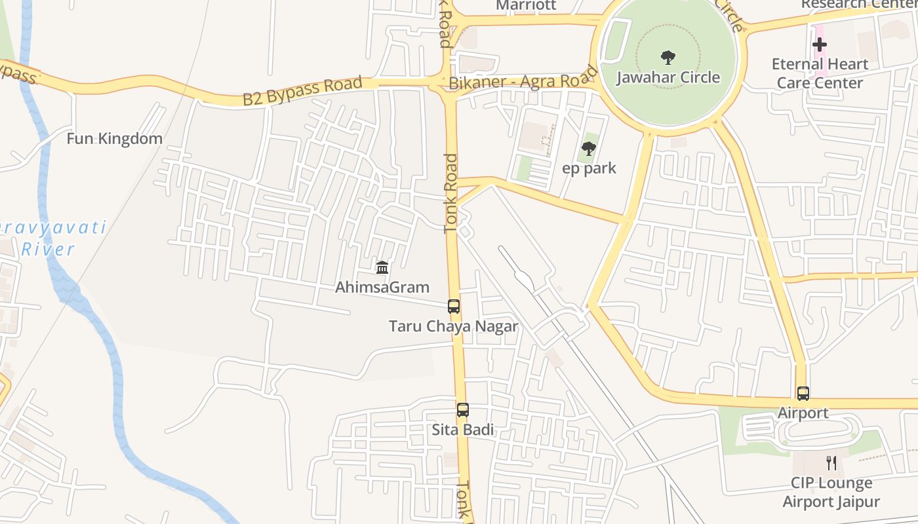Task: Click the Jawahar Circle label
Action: pos(668,77)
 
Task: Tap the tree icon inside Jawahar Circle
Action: pos(668,58)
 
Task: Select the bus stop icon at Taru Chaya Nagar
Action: pos(453,306)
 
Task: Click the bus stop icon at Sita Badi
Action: pos(463,410)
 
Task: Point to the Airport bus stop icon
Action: pos(803,394)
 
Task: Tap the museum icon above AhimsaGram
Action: pos(382,267)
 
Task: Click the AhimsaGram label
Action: pos(382,287)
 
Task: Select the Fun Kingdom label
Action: pos(115,139)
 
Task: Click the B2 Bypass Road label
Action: pos(302,91)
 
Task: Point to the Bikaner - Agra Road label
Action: pos(523,82)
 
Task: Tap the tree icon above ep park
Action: pos(589,149)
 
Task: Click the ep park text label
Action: pos(589,168)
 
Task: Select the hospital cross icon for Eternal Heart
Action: pos(820,45)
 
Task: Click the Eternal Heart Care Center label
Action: pos(820,73)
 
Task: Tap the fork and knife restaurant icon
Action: pos(831,463)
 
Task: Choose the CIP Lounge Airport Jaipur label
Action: pos(831,493)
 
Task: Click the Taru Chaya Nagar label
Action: pos(453,326)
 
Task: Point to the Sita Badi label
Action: pos(463,430)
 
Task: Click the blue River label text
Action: pos(48,250)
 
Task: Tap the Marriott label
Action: pos(526,6)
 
